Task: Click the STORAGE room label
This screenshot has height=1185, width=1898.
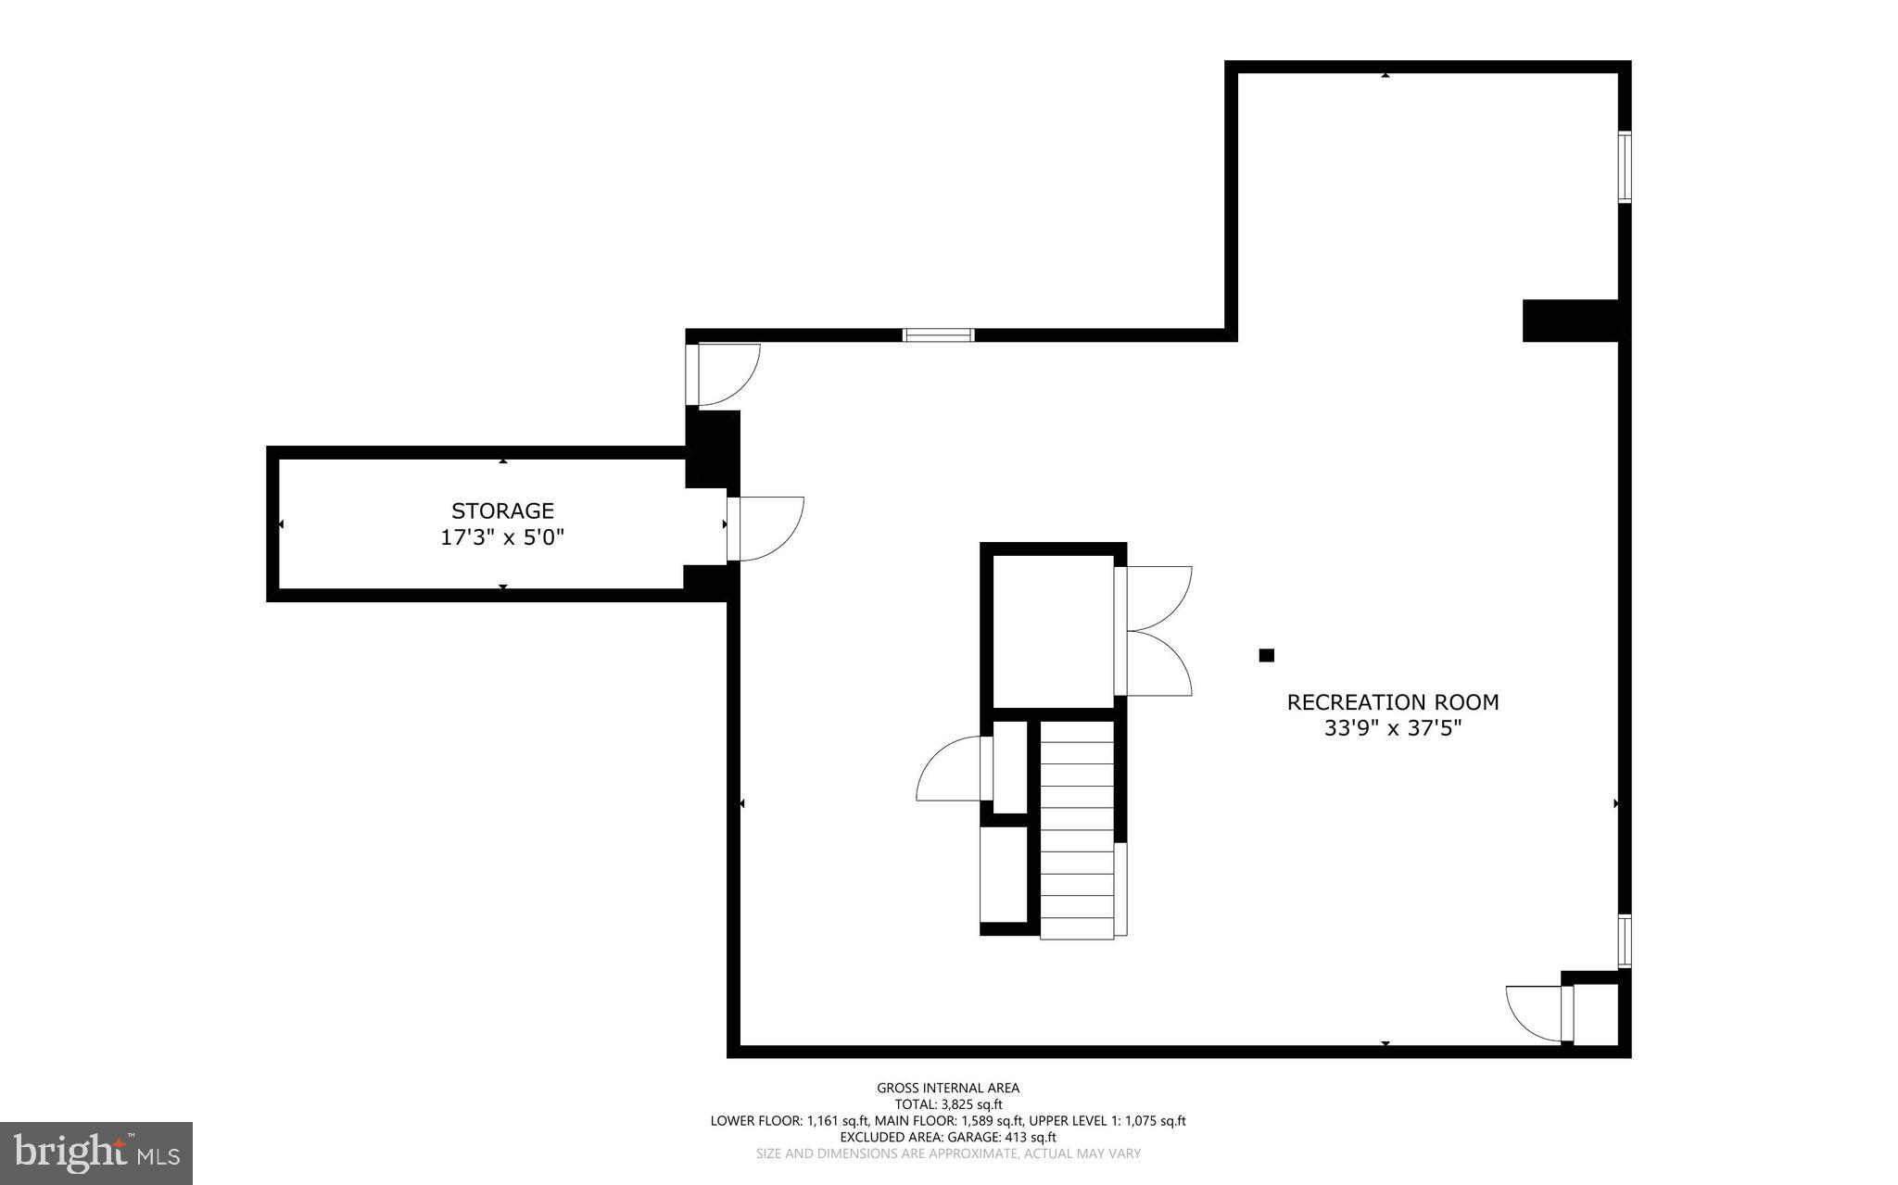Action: click(x=502, y=511)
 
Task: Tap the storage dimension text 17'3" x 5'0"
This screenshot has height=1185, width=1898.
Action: click(x=502, y=537)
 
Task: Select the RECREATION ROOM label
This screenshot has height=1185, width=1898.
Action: click(x=1392, y=702)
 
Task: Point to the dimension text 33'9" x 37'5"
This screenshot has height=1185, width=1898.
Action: click(x=1392, y=729)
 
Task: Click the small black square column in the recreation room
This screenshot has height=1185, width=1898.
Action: click(x=1266, y=655)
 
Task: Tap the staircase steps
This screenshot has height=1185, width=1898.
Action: click(x=1076, y=830)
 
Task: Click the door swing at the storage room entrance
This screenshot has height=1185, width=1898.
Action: click(x=765, y=528)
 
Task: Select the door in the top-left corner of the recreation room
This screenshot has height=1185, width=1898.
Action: click(x=726, y=373)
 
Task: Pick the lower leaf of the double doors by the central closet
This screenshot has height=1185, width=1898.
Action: click(x=1157, y=663)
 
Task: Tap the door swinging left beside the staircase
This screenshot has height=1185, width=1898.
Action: click(x=953, y=770)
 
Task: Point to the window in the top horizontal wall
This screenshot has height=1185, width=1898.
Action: click(x=938, y=334)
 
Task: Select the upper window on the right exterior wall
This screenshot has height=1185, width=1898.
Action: click(x=1624, y=167)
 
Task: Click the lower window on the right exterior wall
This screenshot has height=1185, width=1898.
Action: click(x=1624, y=941)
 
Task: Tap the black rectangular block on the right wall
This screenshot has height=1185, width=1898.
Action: click(x=1570, y=321)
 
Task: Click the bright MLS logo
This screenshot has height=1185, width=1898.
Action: click(x=96, y=1153)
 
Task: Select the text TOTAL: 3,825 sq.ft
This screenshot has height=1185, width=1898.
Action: click(x=947, y=1104)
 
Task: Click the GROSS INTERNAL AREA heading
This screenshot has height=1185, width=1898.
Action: click(x=947, y=1088)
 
